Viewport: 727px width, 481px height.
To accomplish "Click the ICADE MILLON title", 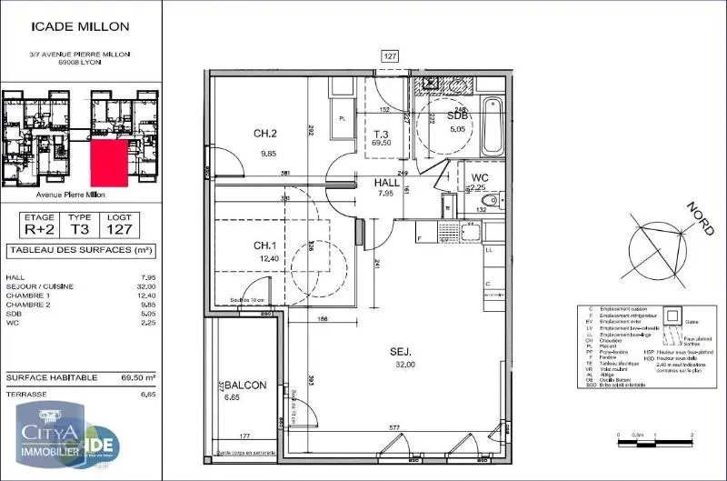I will click(x=69, y=28).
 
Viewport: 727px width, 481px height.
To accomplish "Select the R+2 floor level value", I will click(x=39, y=230).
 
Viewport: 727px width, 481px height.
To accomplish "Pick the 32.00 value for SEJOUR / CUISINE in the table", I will click(x=140, y=286).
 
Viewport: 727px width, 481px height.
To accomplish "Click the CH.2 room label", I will click(x=264, y=135).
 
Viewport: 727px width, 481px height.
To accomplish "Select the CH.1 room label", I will click(x=264, y=246).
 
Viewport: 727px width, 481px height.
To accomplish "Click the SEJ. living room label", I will click(x=403, y=351).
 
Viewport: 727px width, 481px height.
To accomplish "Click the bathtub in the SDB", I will click(x=492, y=126).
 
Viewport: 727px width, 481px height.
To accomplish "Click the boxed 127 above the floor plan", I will click(x=390, y=56).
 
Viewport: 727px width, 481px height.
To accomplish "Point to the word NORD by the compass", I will click(x=701, y=218).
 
